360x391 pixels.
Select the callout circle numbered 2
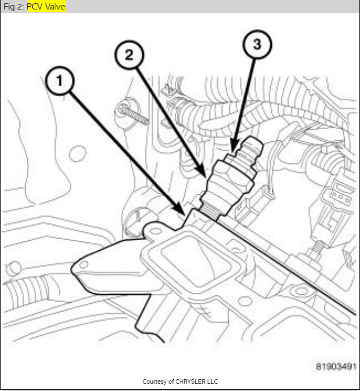coord(129,55)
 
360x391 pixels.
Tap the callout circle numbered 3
coord(257,45)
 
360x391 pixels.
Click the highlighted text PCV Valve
coord(46,7)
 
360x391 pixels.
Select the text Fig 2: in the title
coord(13,7)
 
